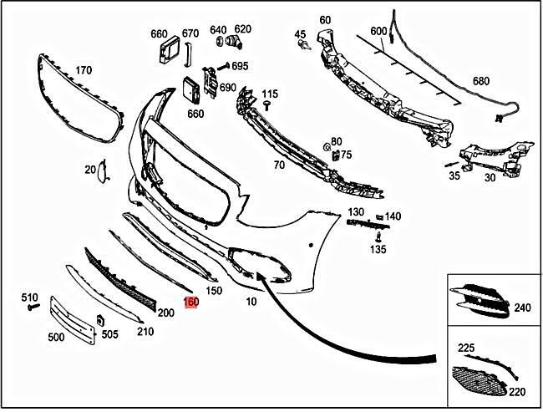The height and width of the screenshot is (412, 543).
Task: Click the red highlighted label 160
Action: pos(191,303)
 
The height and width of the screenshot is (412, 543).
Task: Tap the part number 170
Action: pos(84,70)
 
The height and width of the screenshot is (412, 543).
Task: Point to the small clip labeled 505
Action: pos(99,321)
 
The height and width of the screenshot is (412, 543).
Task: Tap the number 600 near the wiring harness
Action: pos(378,31)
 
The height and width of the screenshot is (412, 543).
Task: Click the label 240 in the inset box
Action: pos(523,308)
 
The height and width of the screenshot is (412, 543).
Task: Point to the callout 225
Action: pos(466,347)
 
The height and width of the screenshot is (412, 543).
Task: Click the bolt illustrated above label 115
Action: pos(266,104)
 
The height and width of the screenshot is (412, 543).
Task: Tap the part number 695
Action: pos(240,66)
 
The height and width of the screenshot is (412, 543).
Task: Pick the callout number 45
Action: pos(300,34)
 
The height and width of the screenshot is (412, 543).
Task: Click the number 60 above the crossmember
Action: pos(325,20)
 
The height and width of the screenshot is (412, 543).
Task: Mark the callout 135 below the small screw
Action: pos(378,249)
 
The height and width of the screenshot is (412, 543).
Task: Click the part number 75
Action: pos(346,155)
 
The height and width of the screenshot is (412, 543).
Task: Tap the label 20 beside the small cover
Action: pos(90,170)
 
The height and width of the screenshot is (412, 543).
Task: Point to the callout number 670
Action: pos(190,34)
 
